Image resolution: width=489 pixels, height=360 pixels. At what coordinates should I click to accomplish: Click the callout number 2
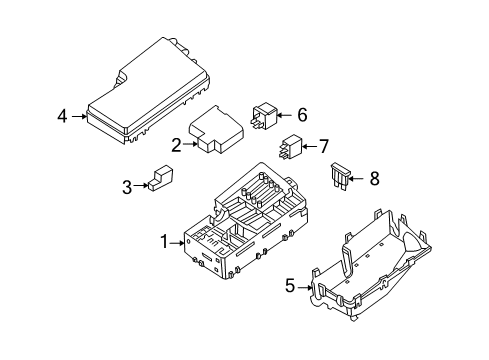[176, 145]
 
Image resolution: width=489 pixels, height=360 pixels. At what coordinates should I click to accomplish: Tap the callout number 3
[127, 185]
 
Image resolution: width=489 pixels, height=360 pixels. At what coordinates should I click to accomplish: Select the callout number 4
[63, 117]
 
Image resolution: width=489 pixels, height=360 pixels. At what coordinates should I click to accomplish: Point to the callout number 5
[290, 286]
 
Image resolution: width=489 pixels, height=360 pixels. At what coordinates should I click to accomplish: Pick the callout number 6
[301, 115]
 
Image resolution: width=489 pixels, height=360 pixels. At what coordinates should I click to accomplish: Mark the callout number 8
[374, 179]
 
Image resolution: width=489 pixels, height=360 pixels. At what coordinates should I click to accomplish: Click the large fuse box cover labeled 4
[150, 90]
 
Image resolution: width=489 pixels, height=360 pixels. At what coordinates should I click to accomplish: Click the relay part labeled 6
[270, 117]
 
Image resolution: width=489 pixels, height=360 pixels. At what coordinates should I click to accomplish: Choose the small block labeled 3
[160, 180]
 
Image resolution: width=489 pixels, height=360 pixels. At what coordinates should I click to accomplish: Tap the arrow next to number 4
[80, 117]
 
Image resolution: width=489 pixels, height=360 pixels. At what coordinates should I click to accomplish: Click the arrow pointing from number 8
[359, 179]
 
